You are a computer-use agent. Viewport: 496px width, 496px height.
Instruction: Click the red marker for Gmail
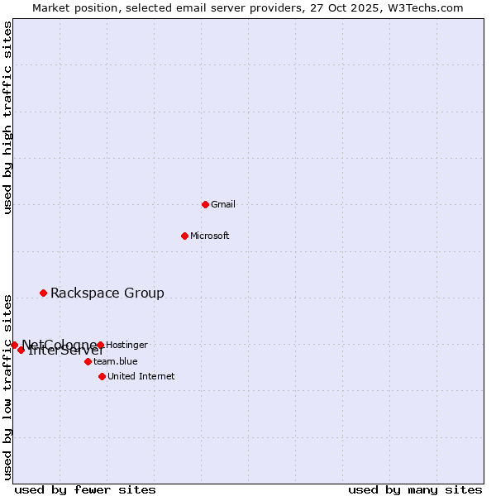[x=205, y=204]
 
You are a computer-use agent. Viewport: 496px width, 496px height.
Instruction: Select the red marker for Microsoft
[x=184, y=236]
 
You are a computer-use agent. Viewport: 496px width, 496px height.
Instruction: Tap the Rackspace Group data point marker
[x=43, y=293]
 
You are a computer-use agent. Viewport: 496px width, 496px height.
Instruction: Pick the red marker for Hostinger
[x=100, y=345]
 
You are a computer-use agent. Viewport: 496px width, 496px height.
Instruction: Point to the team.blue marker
[x=88, y=361]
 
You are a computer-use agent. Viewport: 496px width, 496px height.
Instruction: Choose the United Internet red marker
[x=102, y=376]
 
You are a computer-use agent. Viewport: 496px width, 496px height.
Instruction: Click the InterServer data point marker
[x=21, y=350]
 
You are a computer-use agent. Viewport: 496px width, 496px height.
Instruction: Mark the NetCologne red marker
[x=14, y=345]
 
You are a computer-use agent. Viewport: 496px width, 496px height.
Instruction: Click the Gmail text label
[x=223, y=204]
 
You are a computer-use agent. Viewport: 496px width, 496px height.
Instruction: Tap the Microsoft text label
[x=210, y=236]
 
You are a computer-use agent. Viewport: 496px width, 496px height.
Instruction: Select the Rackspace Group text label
[x=107, y=293]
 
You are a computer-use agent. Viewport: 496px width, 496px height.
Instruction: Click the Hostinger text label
[x=126, y=345]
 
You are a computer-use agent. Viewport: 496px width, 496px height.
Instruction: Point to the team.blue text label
[x=116, y=361]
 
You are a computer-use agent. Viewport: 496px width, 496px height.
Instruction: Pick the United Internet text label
[x=141, y=376]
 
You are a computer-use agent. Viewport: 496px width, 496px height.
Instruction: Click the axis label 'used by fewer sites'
[x=85, y=489]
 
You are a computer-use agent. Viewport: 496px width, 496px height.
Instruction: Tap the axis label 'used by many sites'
[x=415, y=489]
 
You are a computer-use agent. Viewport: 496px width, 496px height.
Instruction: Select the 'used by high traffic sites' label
[x=7, y=117]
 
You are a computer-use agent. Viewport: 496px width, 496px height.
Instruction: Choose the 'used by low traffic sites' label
[x=7, y=386]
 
